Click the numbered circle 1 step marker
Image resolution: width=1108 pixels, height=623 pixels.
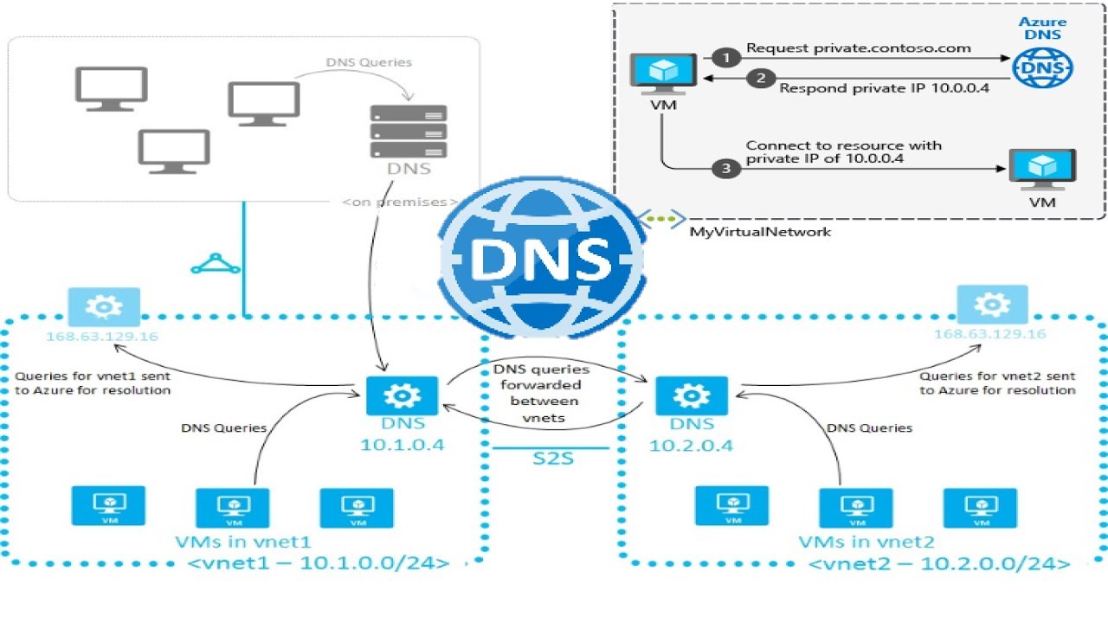(x=726, y=58)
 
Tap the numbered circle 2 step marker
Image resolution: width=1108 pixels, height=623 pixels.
(x=761, y=79)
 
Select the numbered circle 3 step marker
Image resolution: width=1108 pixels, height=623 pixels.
(x=726, y=170)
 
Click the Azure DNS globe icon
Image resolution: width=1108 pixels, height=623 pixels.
(x=1042, y=66)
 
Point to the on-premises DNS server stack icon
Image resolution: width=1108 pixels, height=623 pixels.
(x=409, y=131)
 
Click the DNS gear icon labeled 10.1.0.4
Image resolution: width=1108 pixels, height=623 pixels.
(x=403, y=395)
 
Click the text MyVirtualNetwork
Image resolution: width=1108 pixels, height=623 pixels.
(x=759, y=232)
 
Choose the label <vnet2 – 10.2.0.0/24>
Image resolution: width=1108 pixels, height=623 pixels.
(x=938, y=564)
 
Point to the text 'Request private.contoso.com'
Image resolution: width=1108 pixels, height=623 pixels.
(x=859, y=48)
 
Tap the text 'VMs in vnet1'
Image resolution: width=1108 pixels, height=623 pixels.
(x=244, y=543)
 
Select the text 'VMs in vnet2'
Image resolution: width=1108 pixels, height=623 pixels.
(x=866, y=543)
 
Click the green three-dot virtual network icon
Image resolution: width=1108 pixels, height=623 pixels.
(x=662, y=219)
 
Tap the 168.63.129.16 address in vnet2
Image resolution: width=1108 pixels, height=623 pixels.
(x=990, y=334)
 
